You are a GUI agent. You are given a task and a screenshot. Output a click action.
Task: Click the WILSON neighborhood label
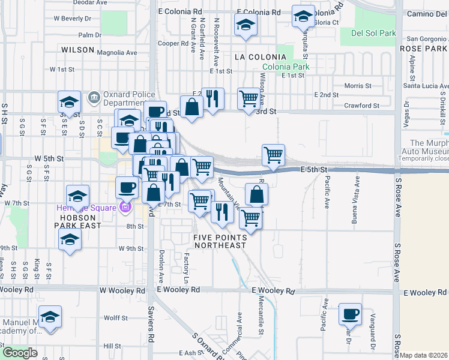pyautogui.click(x=78, y=50)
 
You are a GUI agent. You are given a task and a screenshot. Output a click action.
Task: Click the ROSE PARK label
pyautogui.click(x=420, y=47)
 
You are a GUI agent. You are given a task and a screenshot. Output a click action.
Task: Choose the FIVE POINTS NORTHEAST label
pyautogui.click(x=220, y=241)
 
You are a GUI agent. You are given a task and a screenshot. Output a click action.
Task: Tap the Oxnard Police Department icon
pyautogui.click(x=93, y=97)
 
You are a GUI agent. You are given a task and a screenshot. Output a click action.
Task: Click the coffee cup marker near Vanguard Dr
pyautogui.click(x=350, y=314)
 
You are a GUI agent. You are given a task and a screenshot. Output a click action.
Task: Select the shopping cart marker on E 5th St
pyautogui.click(x=273, y=155)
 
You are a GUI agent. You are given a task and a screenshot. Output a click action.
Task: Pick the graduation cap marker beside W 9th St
pyautogui.click(x=70, y=240)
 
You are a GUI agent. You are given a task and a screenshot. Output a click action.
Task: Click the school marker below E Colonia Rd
pyautogui.click(x=245, y=25)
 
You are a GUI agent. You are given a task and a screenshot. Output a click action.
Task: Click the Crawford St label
pyautogui.click(x=363, y=106)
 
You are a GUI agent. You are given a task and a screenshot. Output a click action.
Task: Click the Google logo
pyautogui.click(x=19, y=353)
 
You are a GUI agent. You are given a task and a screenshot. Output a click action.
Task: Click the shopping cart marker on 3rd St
pyautogui.click(x=249, y=98)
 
